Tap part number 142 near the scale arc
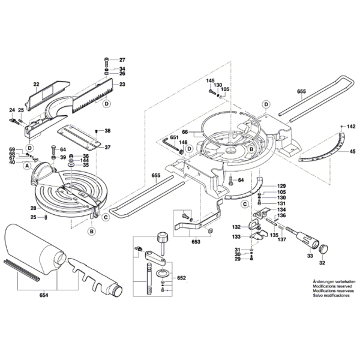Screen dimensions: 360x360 click(x=351, y=127)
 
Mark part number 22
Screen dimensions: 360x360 click(x=36, y=85)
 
